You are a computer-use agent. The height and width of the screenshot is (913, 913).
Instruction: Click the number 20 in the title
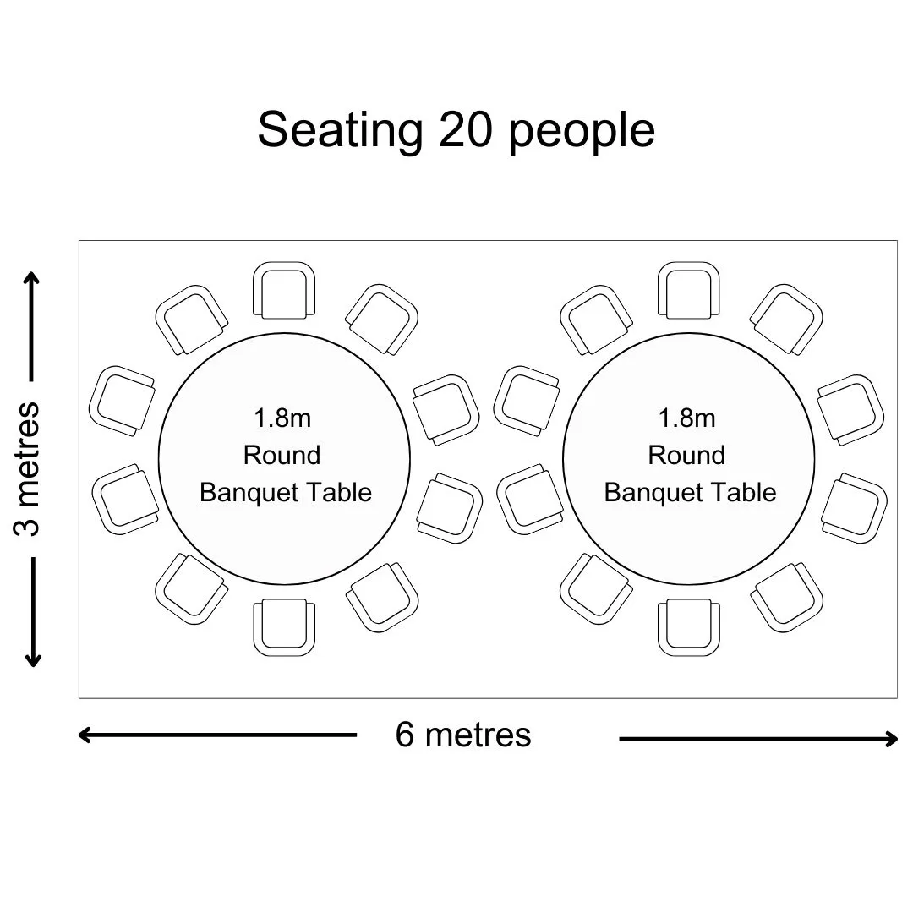pos(465,130)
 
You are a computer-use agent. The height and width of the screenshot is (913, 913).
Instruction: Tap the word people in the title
pos(582,132)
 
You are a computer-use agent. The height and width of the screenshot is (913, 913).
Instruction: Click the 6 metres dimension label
pos(463,735)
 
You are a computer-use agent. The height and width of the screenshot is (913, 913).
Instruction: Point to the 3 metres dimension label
pos(27,468)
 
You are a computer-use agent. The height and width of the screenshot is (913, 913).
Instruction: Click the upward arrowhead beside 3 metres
pos(33,277)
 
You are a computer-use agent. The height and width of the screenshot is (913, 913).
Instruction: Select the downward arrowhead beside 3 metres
pos(33,660)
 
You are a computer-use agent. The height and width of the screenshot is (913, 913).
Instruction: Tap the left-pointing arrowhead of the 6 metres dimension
pos(85,735)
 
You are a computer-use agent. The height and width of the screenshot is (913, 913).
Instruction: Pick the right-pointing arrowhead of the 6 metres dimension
pos(891,739)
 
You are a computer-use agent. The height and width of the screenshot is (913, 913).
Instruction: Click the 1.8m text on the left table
pos(282,418)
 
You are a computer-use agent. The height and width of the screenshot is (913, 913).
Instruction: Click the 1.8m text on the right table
pos(687,418)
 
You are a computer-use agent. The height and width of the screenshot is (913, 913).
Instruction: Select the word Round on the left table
pos(282,456)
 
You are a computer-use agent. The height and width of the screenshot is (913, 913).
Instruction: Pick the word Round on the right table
pos(686,456)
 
